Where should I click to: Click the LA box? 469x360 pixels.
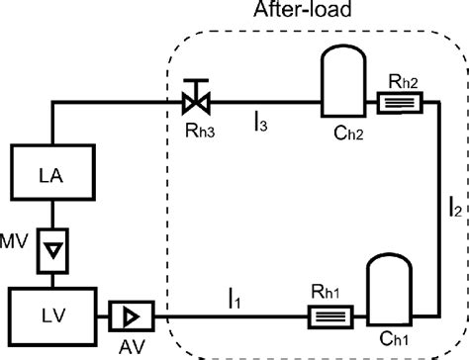[47, 176]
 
